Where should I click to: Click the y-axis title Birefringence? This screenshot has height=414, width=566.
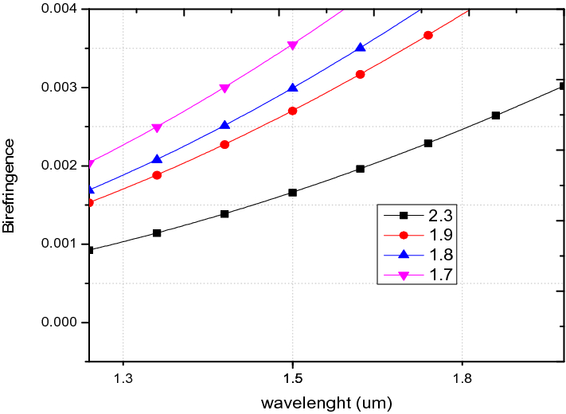9,185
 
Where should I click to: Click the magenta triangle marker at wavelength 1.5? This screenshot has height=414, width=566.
293,45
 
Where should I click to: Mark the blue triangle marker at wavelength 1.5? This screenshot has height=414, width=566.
293,88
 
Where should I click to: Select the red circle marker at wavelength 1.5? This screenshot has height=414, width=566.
293,111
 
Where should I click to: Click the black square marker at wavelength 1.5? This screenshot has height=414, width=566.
293,193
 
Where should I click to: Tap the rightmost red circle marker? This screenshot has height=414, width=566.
428,35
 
